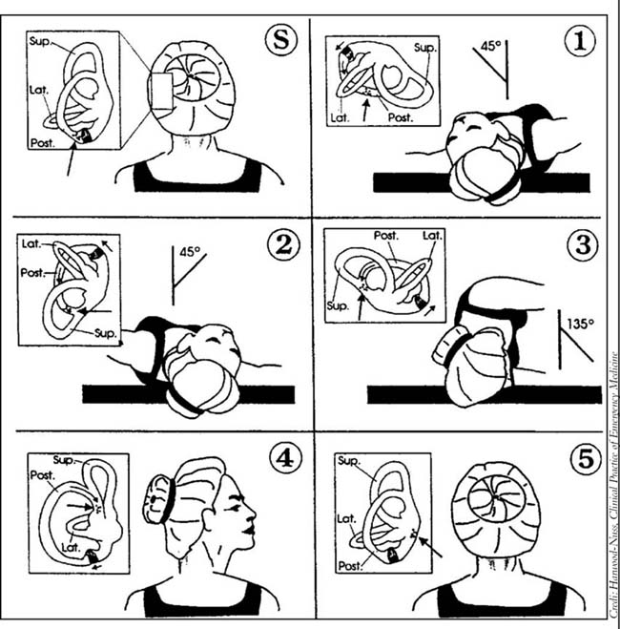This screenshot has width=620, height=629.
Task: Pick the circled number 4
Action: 279,460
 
